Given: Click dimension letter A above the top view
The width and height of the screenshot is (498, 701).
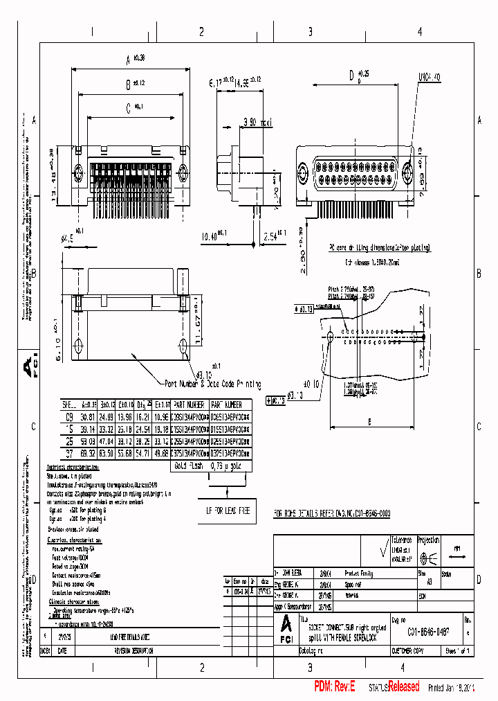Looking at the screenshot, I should (x=127, y=60).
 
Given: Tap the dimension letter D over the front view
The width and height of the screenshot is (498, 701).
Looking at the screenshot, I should (x=352, y=75).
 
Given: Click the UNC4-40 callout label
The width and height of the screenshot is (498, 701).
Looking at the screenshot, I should (x=429, y=78).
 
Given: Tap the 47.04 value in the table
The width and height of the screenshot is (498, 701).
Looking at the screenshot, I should (x=107, y=441).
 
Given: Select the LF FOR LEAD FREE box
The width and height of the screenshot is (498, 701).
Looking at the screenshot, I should (x=225, y=510).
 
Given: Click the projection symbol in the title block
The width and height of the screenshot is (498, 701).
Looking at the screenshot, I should (x=428, y=559).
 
